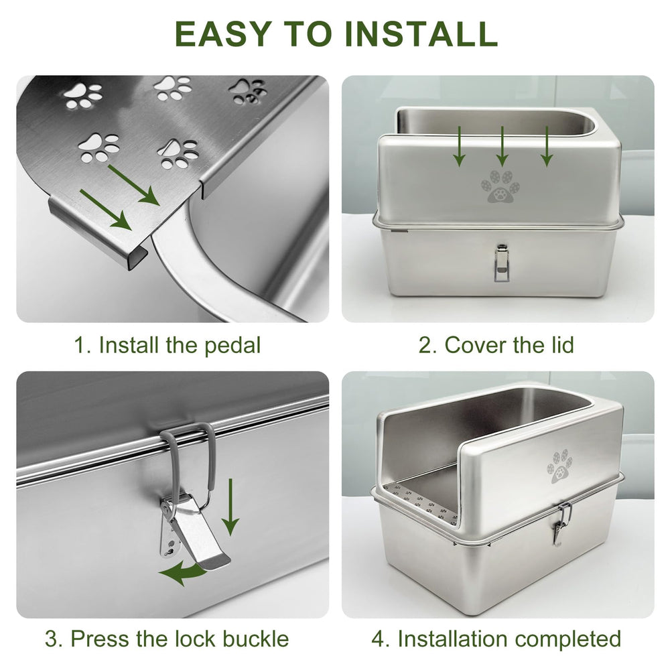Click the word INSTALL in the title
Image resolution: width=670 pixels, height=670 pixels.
421,33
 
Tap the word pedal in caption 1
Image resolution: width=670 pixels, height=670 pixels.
232,346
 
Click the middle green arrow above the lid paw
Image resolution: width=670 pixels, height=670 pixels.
502,146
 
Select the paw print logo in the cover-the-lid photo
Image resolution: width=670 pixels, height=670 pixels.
500,186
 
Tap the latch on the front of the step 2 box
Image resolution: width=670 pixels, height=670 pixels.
500,262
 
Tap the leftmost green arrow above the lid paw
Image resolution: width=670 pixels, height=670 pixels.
458,146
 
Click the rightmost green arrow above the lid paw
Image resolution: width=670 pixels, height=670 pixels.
547,146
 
